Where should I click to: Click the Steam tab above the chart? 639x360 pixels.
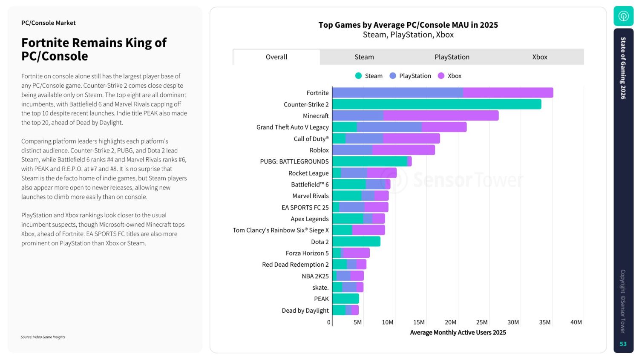pyautogui.click(x=364, y=57)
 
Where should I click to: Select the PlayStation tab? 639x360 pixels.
pyautogui.click(x=452, y=57)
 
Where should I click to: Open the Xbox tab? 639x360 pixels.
pyautogui.click(x=540, y=57)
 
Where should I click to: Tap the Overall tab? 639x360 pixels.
pyautogui.click(x=276, y=57)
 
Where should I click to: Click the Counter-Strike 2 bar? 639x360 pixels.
pyautogui.click(x=437, y=104)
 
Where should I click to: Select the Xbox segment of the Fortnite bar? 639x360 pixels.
pyautogui.click(x=508, y=93)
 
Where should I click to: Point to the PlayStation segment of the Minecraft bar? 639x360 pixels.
pyautogui.click(x=358, y=116)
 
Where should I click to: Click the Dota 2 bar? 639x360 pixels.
pyautogui.click(x=356, y=242)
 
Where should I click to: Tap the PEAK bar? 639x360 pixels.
pyautogui.click(x=345, y=299)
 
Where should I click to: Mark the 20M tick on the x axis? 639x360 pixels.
pyautogui.click(x=450, y=323)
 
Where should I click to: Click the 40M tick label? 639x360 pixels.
pyautogui.click(x=576, y=323)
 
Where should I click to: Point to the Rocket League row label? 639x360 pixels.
pyautogui.click(x=308, y=173)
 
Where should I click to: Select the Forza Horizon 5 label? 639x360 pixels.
pyautogui.click(x=307, y=253)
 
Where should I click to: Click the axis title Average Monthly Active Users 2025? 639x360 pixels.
pyautogui.click(x=458, y=332)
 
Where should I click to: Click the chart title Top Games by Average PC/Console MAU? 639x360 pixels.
pyautogui.click(x=408, y=25)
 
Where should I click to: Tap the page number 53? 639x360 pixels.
pyautogui.click(x=623, y=344)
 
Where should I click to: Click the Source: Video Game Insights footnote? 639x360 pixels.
pyautogui.click(x=43, y=337)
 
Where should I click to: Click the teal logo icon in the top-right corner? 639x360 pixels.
pyautogui.click(x=623, y=16)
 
